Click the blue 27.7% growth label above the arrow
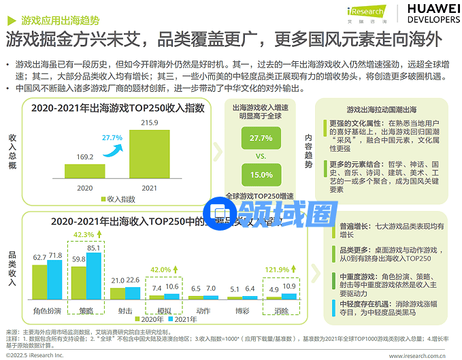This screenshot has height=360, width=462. click(x=112, y=137)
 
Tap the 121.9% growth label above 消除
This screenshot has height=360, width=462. click(x=278, y=250)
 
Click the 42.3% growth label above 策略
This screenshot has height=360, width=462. click(x=84, y=234)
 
